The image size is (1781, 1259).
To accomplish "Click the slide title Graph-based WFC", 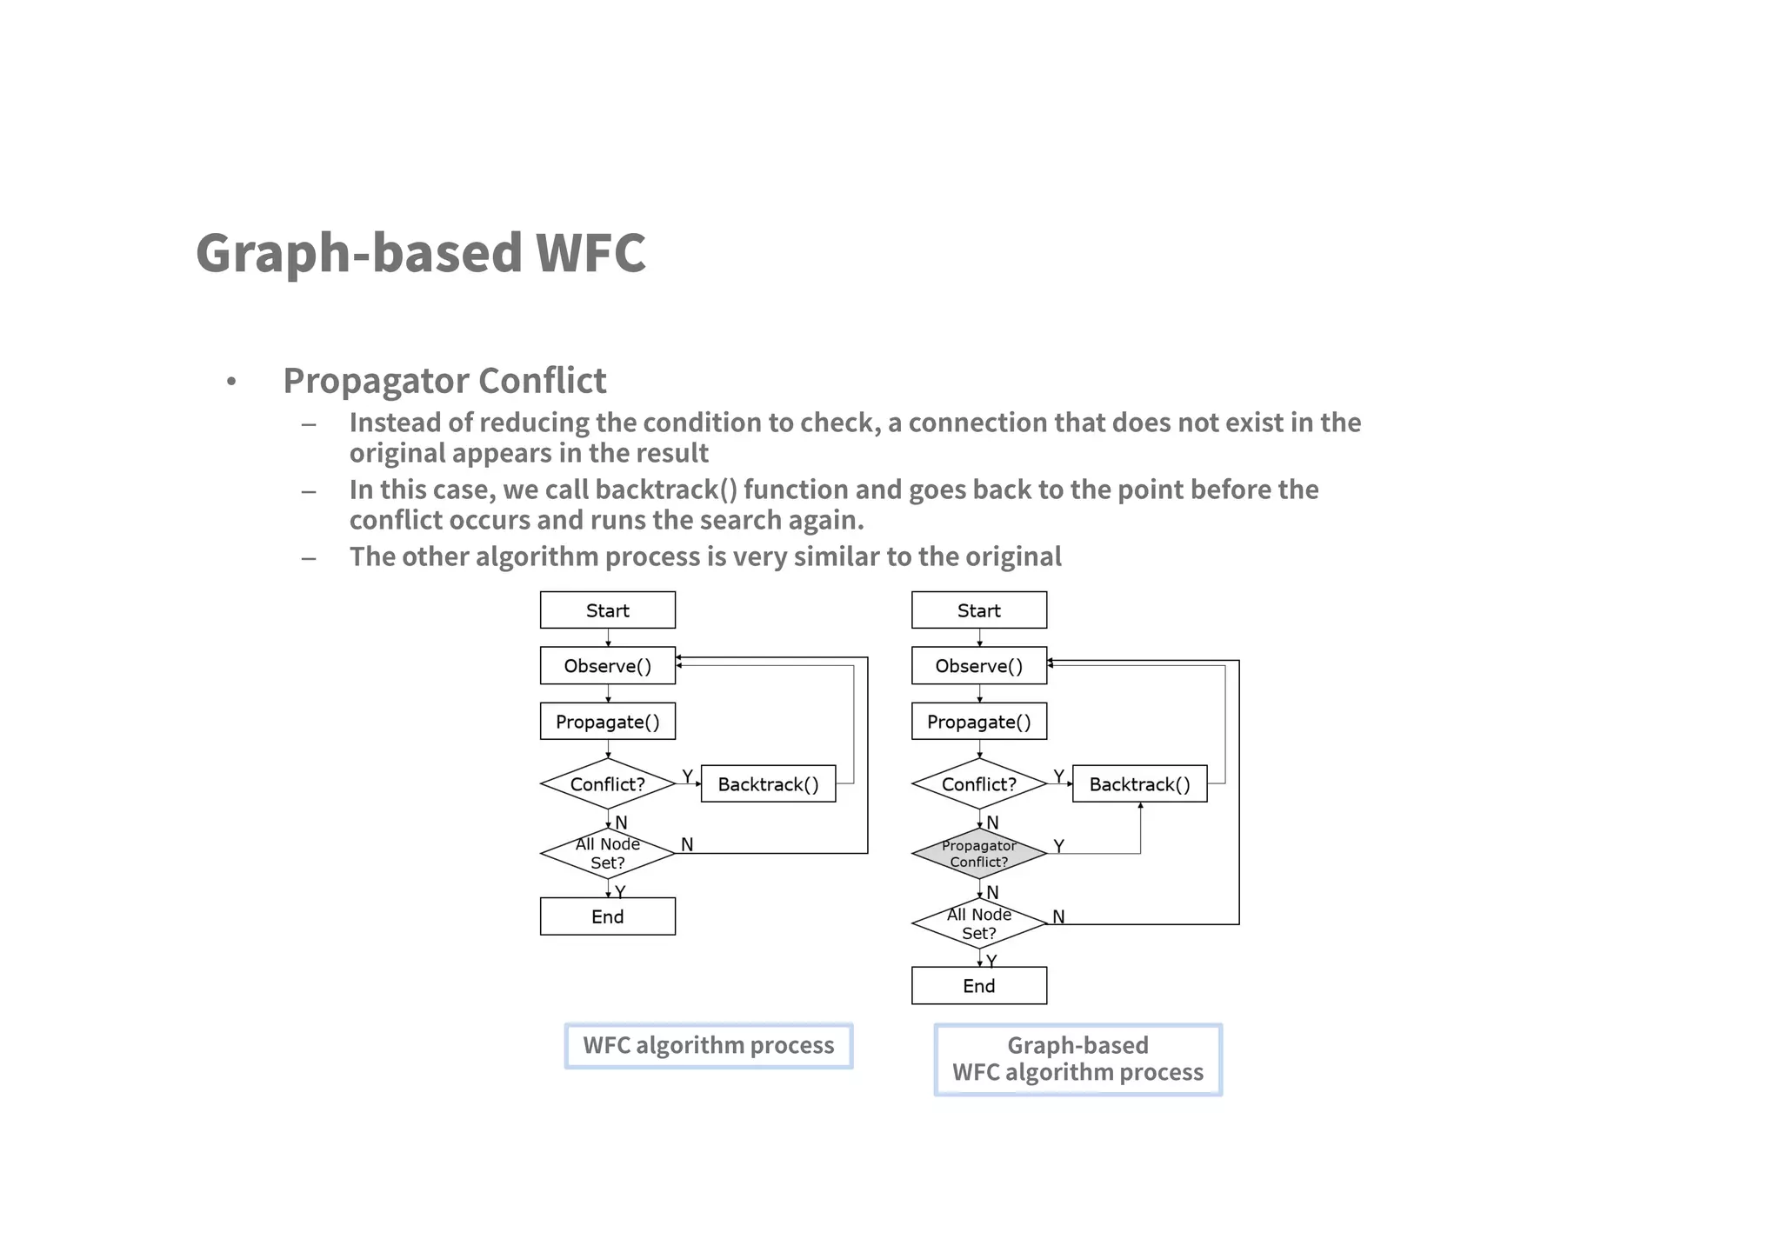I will coord(421,253).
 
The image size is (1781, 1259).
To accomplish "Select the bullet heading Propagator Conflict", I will coord(444,381).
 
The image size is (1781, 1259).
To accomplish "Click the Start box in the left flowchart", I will coord(607,610).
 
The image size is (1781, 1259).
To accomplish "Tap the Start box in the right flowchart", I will coord(978,610).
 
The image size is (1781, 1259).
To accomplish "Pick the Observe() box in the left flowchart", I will coord(607,666).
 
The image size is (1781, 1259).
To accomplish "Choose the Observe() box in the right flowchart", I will coord(978,666).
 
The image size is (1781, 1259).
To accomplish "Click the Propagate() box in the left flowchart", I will coord(607,722).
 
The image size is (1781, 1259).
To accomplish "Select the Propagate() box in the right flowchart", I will coord(978,722).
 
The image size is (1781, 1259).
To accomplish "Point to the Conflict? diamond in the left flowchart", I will coord(607,784).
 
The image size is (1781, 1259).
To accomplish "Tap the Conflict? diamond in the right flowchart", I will coord(978,784).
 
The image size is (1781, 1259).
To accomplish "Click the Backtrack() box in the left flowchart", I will coord(768,784).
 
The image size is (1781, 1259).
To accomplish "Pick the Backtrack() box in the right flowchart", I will coord(1139,784).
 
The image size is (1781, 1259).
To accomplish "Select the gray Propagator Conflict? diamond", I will coord(978,854).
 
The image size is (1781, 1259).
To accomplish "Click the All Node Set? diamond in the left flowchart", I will coord(607,854).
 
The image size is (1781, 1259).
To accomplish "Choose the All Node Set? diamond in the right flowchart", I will coord(978,923).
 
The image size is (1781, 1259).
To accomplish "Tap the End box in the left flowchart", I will coord(607,916).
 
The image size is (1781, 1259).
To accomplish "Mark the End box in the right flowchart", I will coord(978,986).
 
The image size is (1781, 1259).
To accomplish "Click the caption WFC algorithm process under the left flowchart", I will coord(708,1045).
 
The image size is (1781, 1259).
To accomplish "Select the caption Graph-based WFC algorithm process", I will coord(1077,1059).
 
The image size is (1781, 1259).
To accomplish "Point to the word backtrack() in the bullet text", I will coord(666,490).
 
